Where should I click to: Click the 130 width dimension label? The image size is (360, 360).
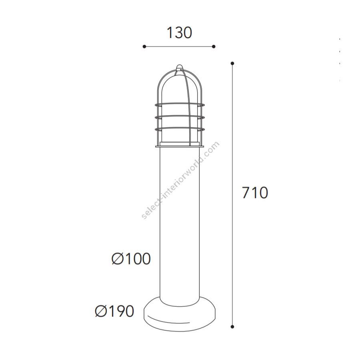click(179, 33)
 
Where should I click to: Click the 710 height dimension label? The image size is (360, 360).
click(255, 192)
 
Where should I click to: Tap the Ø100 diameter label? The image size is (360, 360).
click(131, 259)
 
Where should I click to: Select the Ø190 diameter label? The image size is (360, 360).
click(114, 311)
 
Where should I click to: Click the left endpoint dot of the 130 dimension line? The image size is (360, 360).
click(144, 47)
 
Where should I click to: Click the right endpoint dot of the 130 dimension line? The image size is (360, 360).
click(214, 47)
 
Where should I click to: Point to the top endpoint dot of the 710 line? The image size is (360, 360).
click(232, 63)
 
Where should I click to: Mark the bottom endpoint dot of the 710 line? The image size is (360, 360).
click(232, 326)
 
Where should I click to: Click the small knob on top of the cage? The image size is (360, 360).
click(180, 67)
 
